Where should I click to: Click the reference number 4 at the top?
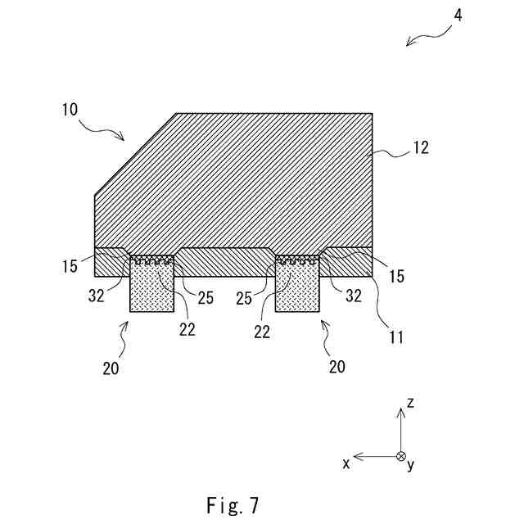click(x=458, y=15)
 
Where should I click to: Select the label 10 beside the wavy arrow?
click(x=68, y=108)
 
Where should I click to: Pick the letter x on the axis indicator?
click(x=346, y=463)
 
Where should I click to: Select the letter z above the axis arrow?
click(x=410, y=403)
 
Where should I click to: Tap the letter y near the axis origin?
click(x=411, y=465)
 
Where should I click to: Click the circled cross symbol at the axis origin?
click(x=400, y=457)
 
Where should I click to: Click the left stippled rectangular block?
click(x=152, y=287)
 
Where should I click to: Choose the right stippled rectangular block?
click(x=297, y=287)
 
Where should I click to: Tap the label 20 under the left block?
click(x=111, y=368)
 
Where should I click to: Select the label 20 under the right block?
click(x=337, y=367)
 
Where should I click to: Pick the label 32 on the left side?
click(x=97, y=296)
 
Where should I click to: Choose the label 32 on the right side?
click(x=353, y=296)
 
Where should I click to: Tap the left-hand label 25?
click(x=205, y=297)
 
